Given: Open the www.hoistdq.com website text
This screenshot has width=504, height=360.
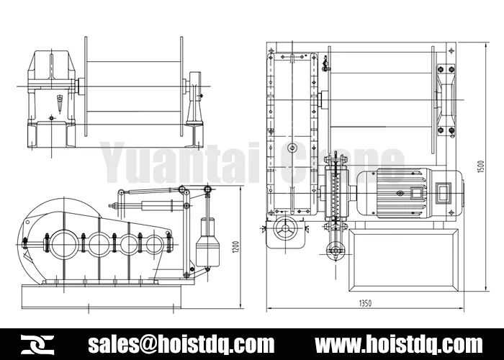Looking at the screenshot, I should (x=400, y=343).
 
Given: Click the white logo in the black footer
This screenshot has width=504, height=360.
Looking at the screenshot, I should (x=35, y=343).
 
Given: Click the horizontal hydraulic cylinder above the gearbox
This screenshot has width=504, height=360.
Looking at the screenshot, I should (x=160, y=206).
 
